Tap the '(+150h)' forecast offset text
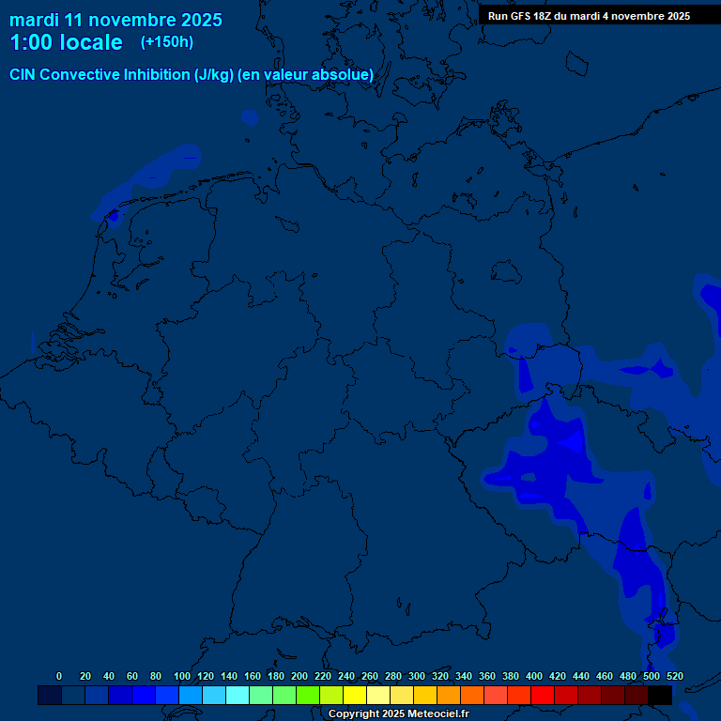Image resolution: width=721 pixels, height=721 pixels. click(167, 41)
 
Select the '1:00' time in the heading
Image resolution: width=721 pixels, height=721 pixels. click(29, 42)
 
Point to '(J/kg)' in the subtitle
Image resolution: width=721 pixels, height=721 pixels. click(214, 74)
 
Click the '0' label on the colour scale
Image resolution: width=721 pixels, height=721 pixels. click(59, 676)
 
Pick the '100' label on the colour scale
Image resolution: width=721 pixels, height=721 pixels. click(182, 676)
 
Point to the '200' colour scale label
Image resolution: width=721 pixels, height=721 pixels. click(299, 676)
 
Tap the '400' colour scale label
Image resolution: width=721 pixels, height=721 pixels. click(534, 676)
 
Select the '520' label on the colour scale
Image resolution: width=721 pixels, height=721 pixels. click(674, 676)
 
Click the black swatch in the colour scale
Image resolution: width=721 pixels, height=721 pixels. click(660, 695)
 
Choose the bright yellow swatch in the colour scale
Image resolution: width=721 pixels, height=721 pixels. click(355, 695)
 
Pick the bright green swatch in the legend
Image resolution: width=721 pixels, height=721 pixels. click(308, 695)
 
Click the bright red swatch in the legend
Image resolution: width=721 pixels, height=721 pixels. click(543, 695)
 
